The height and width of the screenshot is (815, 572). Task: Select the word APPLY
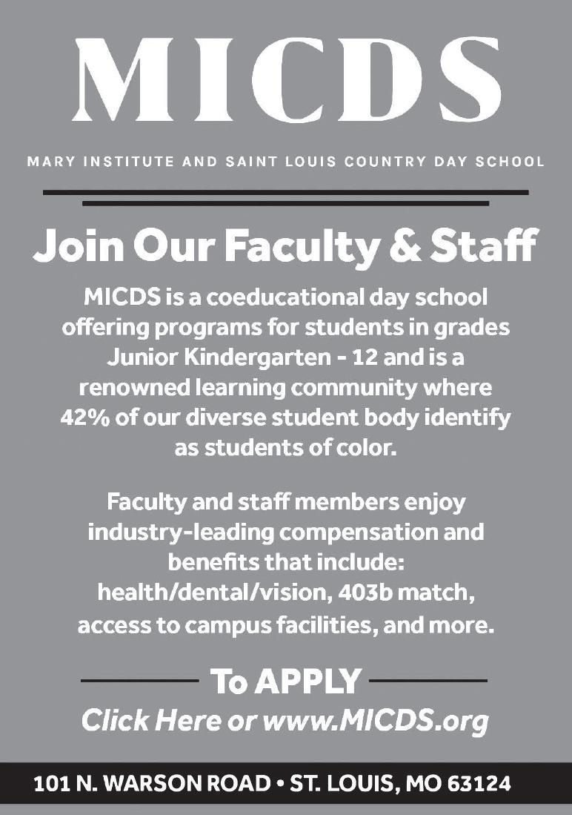tap(309, 680)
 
